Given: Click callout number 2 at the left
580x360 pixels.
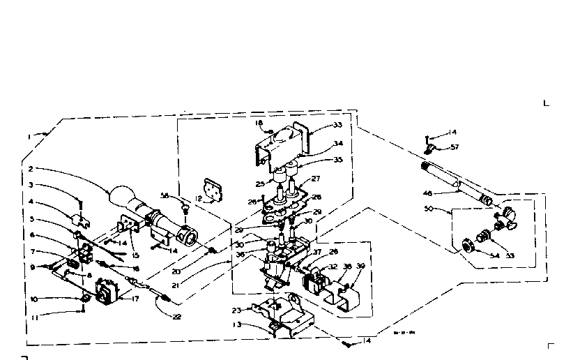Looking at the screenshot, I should coord(32,169).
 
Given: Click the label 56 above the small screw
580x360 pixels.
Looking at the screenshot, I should coord(165,195).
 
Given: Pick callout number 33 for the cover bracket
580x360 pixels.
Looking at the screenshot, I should coord(339,125).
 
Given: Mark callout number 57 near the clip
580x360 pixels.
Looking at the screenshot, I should coord(455,147).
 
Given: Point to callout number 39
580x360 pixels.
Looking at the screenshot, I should coord(360,267).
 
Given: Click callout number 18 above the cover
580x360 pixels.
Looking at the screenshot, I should coord(259,123).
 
